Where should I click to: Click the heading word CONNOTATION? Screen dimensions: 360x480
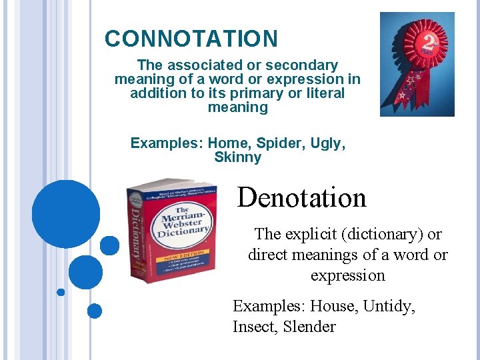tap(191, 39)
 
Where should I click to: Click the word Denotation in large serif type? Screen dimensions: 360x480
tap(301, 198)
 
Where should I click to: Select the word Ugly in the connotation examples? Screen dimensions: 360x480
tap(328, 143)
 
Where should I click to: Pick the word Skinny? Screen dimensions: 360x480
tap(237, 158)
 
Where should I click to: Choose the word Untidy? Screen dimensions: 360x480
tap(391, 307)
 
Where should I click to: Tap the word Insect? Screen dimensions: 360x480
tap(254, 327)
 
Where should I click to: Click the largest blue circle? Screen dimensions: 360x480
tap(65, 215)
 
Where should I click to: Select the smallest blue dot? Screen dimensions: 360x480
tap(61, 292)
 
